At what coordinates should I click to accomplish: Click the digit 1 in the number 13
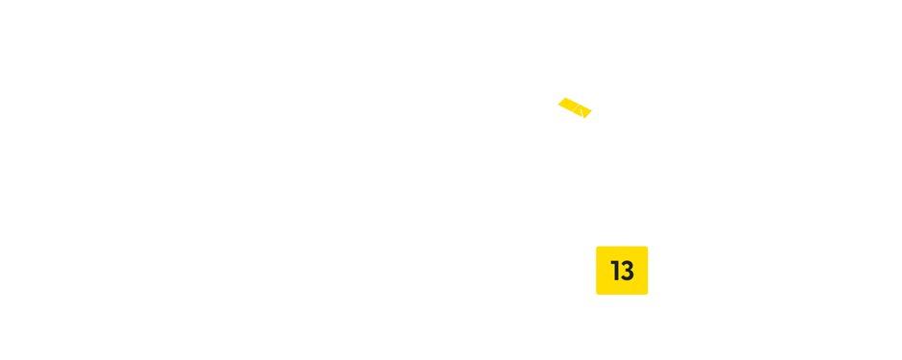615,271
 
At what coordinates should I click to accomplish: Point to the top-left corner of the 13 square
596,247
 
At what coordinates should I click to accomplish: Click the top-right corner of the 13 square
648,247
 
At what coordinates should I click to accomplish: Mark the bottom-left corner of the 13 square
596,294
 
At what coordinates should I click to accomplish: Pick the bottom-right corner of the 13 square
648,294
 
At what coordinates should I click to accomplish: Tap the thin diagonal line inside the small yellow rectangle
576,110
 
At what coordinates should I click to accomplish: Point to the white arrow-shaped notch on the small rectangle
585,114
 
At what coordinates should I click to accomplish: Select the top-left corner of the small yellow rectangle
558,98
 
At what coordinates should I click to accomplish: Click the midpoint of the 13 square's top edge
622,247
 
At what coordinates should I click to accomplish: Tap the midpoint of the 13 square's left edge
596,271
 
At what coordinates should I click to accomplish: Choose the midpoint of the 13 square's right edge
648,271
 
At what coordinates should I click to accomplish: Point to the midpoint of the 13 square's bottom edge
622,294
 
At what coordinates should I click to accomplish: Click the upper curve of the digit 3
628,264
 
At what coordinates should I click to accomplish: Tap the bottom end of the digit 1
616,280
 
